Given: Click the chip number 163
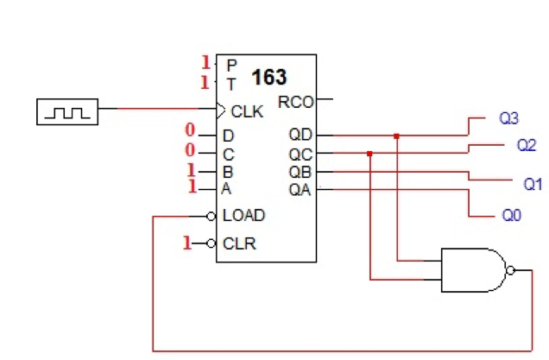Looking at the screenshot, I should (x=268, y=78).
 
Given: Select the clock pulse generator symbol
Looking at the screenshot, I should (x=67, y=111).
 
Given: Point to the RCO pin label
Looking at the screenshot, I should (x=296, y=102).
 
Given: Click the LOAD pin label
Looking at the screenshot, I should (x=243, y=215).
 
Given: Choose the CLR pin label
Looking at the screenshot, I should (x=239, y=243).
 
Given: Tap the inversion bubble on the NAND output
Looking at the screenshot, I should (x=511, y=270).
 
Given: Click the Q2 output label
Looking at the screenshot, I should (x=526, y=145).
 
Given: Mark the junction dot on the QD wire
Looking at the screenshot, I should (x=396, y=136).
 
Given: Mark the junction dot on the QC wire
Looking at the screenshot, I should (x=369, y=154).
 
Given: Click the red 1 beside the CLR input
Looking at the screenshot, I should (x=186, y=243).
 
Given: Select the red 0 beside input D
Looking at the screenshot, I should (x=190, y=132).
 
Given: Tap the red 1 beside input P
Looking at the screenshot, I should (x=205, y=62).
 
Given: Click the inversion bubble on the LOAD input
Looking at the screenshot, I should (x=211, y=215).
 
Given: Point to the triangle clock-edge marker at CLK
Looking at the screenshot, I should (x=221, y=110).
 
